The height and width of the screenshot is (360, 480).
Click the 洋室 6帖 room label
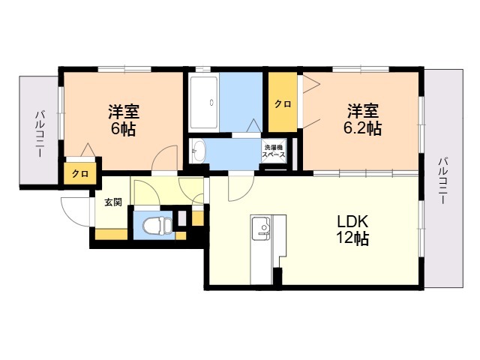(122, 121)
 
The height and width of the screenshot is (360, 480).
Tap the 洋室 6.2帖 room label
(363, 121)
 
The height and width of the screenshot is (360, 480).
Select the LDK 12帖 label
(352, 230)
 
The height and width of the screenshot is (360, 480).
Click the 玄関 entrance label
(112, 202)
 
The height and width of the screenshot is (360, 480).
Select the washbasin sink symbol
(199, 149)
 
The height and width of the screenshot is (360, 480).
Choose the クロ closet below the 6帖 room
(79, 173)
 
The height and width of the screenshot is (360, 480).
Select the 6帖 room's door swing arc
(161, 159)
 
